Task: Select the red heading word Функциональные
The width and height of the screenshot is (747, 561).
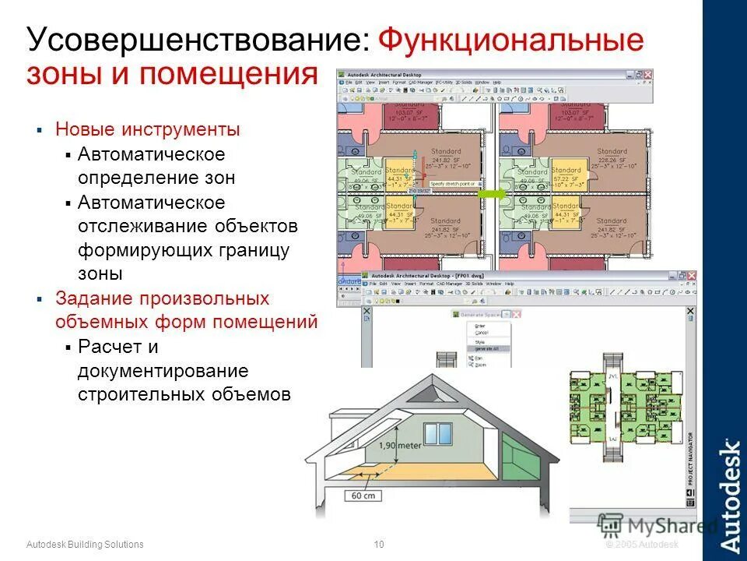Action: pyautogui.click(x=513, y=41)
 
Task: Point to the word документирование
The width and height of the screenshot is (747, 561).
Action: pyautogui.click(x=163, y=370)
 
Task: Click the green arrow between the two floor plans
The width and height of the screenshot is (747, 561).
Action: pyautogui.click(x=491, y=192)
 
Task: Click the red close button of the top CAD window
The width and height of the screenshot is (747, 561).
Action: pyautogui.click(x=647, y=74)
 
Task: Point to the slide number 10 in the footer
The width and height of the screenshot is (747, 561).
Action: pyautogui.click(x=379, y=544)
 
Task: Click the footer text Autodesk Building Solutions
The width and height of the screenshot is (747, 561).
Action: pyautogui.click(x=85, y=544)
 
